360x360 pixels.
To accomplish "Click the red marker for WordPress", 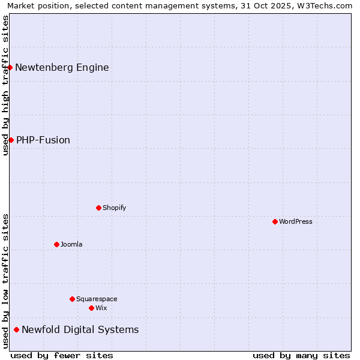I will click(x=275, y=221).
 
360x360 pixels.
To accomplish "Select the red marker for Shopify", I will click(x=98, y=208).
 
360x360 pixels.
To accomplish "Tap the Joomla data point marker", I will click(x=56, y=244).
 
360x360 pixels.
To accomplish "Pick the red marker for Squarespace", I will click(x=72, y=299).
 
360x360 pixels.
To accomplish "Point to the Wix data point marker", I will click(x=91, y=308).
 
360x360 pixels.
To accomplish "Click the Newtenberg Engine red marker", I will click(x=10, y=67).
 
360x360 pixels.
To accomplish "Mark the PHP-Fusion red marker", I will click(x=11, y=140).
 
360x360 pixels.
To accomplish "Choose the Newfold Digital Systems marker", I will click(x=16, y=329).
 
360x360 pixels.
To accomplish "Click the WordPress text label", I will click(x=296, y=221).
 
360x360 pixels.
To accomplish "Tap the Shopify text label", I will click(x=114, y=208).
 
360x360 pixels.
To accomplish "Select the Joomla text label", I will click(x=71, y=244).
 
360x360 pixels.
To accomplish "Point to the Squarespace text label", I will click(x=97, y=299).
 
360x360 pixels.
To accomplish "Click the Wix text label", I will click(x=101, y=308).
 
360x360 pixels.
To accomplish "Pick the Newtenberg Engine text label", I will click(x=62, y=67).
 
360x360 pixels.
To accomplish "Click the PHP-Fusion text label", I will click(x=43, y=140).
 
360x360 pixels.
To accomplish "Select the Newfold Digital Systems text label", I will click(x=80, y=329).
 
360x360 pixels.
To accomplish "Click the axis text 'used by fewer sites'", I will click(x=62, y=355).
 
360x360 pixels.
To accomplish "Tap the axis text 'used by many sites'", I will click(x=301, y=355).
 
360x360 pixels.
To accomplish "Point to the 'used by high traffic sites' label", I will click(x=5, y=85).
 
